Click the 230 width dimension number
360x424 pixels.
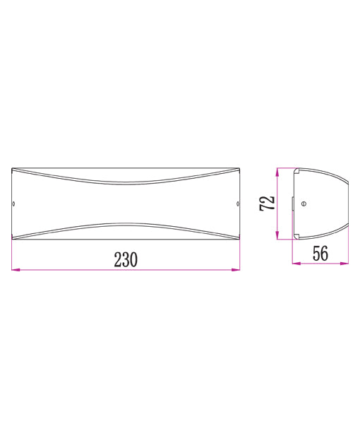(126, 259)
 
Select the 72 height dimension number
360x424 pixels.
(267, 204)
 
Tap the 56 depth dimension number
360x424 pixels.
(320, 254)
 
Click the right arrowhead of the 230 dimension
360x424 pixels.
(236, 269)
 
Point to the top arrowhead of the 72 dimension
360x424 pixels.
(280, 171)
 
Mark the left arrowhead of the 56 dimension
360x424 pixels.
(296, 264)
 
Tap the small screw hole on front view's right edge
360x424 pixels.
(237, 205)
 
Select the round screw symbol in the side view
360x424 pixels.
(304, 204)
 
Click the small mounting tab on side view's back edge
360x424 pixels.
(294, 204)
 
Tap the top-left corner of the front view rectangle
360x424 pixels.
(13, 168)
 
